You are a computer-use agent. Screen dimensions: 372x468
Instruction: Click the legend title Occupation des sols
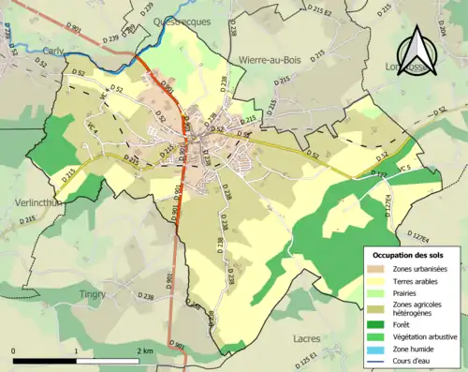point(412,255)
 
